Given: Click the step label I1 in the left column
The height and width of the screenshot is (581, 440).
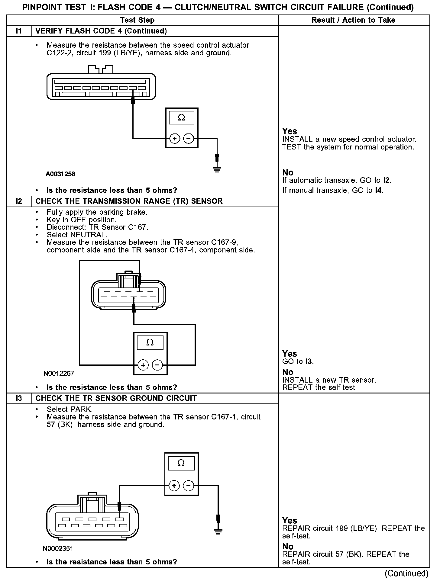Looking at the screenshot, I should (x=19, y=31).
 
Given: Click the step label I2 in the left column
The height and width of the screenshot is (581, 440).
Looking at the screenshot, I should (x=19, y=201).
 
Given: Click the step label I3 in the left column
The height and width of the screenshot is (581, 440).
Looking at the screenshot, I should (x=19, y=398).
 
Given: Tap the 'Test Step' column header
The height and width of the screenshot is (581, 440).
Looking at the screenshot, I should (x=137, y=20).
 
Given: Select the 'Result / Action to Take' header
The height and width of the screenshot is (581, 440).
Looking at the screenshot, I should (x=353, y=20).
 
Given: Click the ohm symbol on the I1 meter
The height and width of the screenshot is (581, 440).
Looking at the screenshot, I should (x=181, y=117).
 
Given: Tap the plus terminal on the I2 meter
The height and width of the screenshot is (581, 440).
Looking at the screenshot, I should (x=143, y=365).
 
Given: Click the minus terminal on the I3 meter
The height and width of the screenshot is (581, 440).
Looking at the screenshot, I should (x=189, y=486).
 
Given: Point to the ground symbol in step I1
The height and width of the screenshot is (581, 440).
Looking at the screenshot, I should (x=217, y=169).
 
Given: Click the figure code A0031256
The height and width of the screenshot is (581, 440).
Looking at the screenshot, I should (x=60, y=174).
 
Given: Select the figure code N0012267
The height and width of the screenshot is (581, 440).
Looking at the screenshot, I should (x=59, y=374).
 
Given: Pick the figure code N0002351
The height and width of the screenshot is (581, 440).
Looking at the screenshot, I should (x=58, y=548).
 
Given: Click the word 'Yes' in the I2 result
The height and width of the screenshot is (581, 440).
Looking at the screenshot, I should (x=290, y=354).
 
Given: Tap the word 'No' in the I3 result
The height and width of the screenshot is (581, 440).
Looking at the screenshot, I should (x=288, y=547).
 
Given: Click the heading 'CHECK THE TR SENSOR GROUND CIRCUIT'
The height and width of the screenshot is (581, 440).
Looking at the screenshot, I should (x=116, y=398).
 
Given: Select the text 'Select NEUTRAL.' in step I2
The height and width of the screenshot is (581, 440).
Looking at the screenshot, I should (x=77, y=235).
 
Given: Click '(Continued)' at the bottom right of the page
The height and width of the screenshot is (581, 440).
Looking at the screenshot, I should (x=406, y=573).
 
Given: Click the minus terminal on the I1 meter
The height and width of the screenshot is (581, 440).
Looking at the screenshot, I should (x=189, y=139).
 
